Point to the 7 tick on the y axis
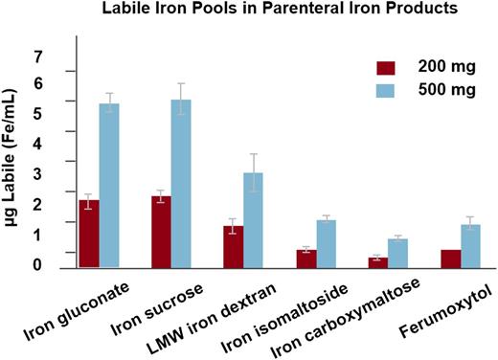[x=39, y=58]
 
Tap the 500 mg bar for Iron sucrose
[x=181, y=183]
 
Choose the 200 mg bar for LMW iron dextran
[x=233, y=246]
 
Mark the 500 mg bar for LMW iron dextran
[x=253, y=219]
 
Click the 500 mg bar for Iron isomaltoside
[x=326, y=243]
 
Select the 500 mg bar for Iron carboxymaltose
[x=397, y=253]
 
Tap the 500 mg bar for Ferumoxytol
[x=470, y=245]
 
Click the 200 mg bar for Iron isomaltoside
[x=306, y=258]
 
